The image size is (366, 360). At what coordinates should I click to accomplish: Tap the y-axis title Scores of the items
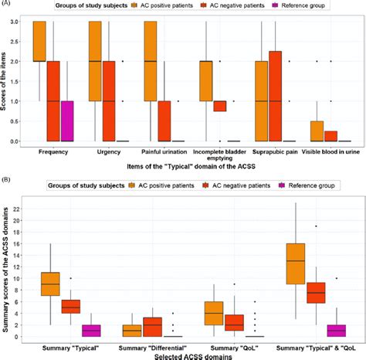coord(7,81)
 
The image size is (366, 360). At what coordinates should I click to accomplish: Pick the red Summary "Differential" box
coord(154,326)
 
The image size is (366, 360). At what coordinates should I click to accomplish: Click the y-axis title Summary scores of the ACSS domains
coord(7,267)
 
